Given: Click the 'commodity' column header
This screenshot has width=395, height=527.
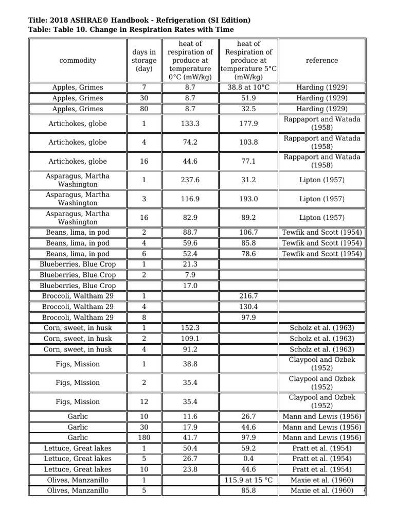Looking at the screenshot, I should pos(77,60).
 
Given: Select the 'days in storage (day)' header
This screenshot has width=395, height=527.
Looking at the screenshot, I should pos(144,60).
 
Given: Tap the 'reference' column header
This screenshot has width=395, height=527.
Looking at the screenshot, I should pos(321,60).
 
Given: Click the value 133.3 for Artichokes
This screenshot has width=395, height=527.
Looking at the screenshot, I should pos(190,124).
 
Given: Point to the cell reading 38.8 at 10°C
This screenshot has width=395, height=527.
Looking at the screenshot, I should pos(248,87).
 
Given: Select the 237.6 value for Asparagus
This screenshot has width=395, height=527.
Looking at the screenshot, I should pos(190,180).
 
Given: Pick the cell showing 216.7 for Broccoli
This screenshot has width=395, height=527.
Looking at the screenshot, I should pos(248,296).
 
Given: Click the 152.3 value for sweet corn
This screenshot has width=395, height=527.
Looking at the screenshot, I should pos(190,328).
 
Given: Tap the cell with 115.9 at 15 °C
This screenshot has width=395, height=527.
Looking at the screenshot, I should pos(248,480).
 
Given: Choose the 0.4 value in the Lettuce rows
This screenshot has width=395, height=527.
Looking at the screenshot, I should pos(248,459).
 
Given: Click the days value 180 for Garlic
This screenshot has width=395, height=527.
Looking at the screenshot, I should pos(144,437).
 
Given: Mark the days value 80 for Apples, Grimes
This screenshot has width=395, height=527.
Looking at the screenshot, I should pos(144,109).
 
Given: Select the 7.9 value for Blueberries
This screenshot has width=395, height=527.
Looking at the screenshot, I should pos(190,275).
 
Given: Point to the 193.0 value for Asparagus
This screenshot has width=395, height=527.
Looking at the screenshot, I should pos(248,199).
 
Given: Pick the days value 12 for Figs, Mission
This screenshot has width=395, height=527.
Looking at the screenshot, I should pos(144,401).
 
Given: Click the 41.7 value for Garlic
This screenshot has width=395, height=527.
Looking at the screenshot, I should pos(190,437).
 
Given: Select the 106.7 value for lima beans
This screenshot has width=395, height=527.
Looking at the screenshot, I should pos(248,232).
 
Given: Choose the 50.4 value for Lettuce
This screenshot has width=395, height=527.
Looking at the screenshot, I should pos(190,448).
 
